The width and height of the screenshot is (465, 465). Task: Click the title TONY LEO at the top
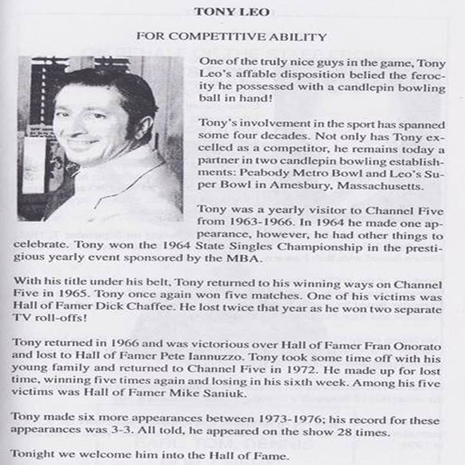(x=232, y=11)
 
